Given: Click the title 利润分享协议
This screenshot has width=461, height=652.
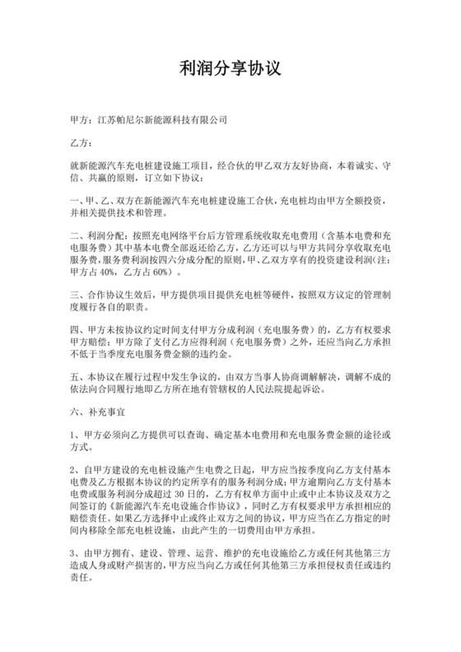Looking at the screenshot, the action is pos(230,70).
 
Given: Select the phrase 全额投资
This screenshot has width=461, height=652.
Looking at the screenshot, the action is pos(361,201).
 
